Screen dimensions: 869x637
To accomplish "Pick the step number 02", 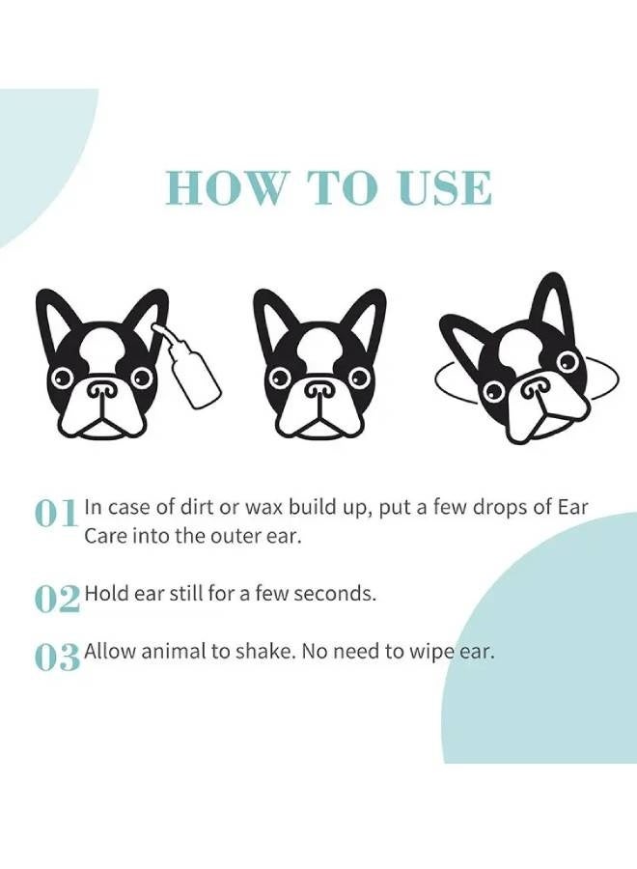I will [57, 599].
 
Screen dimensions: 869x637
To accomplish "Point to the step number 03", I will [57, 657].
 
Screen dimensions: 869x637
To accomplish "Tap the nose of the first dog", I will [100, 390].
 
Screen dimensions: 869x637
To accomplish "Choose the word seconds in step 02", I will [334, 594].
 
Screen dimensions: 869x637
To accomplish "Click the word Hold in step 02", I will [104, 594].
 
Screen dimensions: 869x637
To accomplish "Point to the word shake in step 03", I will [266, 652].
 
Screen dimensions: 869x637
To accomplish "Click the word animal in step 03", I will [172, 652].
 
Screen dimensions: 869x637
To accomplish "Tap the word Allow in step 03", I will [110, 652].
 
